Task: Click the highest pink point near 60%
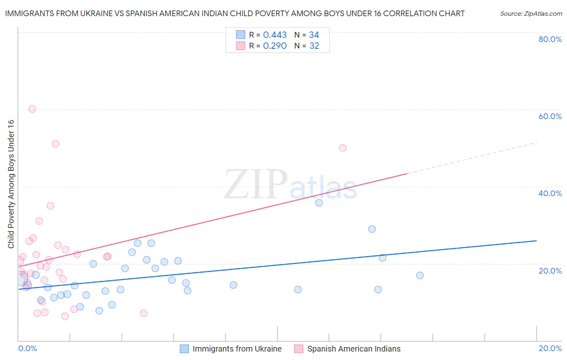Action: [32, 109]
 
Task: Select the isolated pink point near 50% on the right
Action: [343, 148]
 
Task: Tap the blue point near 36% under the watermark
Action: [319, 203]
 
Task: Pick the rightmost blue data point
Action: [420, 276]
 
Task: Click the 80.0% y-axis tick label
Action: [550, 39]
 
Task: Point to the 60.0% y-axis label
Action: [550, 116]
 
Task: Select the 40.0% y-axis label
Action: [550, 193]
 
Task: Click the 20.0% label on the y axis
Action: [550, 271]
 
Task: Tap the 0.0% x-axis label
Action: [27, 348]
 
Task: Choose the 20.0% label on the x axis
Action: [550, 348]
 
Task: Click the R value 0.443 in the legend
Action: [275, 35]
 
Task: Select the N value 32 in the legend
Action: [314, 46]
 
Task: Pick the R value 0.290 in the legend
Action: [275, 46]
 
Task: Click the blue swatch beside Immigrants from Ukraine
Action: [184, 349]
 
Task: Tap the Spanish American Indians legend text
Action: [354, 349]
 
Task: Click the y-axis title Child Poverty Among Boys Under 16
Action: [11, 184]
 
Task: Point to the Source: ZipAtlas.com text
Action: [531, 14]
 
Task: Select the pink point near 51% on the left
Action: [56, 144]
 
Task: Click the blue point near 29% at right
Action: [372, 229]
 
